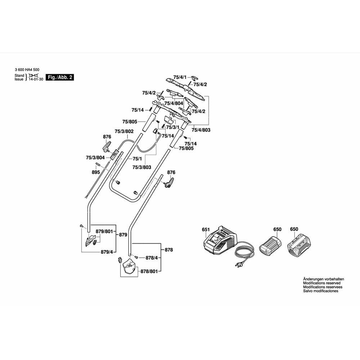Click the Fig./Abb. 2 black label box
click(x=60, y=77)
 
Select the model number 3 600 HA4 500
click(x=27, y=70)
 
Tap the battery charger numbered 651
click(x=220, y=240)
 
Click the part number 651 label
click(x=206, y=229)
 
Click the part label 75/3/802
click(x=124, y=131)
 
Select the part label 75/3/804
click(x=95, y=158)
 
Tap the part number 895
click(x=96, y=172)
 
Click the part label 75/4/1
click(x=180, y=77)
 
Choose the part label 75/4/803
click(x=201, y=130)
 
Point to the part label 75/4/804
click(x=174, y=103)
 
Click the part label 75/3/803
click(x=142, y=167)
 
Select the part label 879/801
click(x=104, y=231)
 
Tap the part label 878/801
click(x=149, y=271)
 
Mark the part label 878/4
click(x=152, y=258)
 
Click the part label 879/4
click(x=107, y=252)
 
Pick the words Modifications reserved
click(x=321, y=283)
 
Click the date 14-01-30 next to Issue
click(x=36, y=80)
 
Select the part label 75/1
click(x=137, y=159)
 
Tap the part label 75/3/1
click(x=173, y=127)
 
